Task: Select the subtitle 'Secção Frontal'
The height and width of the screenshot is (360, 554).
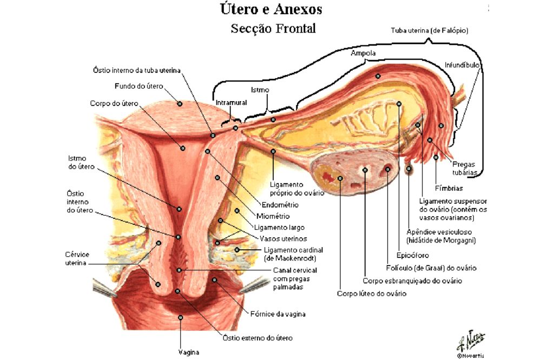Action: (273, 28)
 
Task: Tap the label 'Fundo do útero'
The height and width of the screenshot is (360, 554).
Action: (139, 86)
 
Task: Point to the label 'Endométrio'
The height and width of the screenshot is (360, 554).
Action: (280, 205)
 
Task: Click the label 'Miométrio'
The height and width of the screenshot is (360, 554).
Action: (273, 216)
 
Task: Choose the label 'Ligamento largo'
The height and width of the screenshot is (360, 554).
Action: (279, 228)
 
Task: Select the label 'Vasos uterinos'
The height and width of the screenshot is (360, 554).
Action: (283, 238)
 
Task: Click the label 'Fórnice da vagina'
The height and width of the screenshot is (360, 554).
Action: (278, 314)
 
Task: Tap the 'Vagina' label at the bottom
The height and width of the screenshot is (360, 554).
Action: (189, 352)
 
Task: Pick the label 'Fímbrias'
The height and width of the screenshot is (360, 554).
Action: (449, 188)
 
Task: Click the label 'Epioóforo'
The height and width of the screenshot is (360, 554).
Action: (412, 255)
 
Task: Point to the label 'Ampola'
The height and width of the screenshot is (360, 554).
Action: (363, 54)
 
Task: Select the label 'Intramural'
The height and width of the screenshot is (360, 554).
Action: (231, 103)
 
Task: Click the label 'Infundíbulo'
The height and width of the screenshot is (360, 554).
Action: (462, 65)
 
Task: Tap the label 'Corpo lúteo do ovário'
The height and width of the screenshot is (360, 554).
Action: (371, 294)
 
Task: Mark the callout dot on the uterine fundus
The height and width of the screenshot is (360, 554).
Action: (180, 104)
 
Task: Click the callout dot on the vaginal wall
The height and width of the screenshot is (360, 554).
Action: (180, 318)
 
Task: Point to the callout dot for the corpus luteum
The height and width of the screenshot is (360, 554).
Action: (340, 178)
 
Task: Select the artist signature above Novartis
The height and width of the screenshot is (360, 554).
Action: (471, 341)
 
